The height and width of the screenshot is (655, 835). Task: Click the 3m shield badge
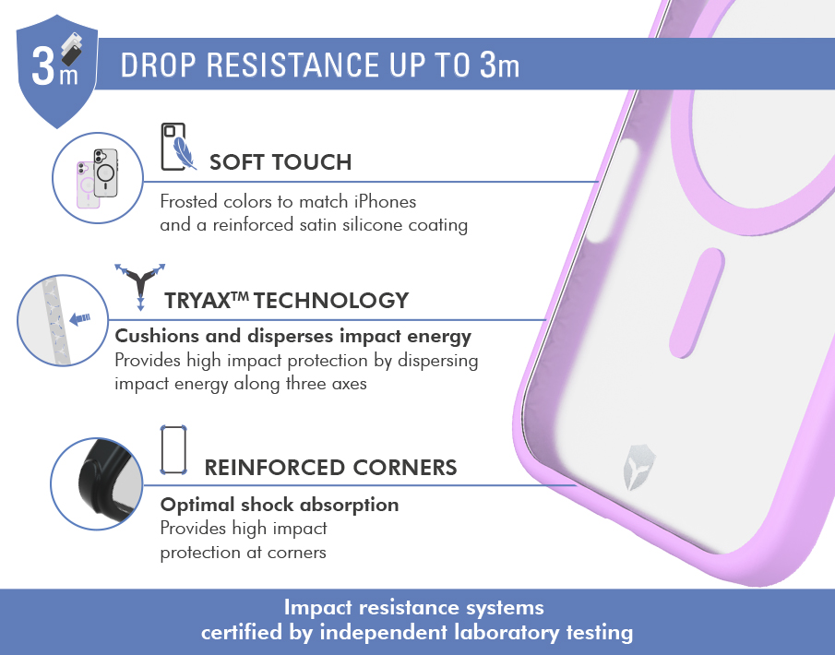point(57,70)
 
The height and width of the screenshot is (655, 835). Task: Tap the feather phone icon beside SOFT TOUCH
point(178,147)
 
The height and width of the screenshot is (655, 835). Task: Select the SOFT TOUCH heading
point(280,162)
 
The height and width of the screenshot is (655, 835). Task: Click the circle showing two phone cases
point(98,178)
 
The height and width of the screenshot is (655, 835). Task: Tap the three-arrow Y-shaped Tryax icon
point(140,286)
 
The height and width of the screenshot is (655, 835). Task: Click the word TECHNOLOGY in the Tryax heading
point(331,301)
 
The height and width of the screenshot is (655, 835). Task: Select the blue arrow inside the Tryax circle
point(79,318)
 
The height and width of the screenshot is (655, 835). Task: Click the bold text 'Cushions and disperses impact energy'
point(292,336)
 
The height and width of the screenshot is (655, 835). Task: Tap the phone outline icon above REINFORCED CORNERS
point(173,450)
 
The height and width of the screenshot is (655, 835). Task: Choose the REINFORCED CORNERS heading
point(330,468)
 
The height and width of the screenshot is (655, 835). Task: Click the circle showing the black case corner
point(97,483)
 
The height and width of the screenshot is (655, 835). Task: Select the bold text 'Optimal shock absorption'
point(280,505)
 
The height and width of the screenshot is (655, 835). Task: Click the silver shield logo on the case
point(639,468)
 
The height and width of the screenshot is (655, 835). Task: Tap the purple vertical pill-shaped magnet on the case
point(697,303)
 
